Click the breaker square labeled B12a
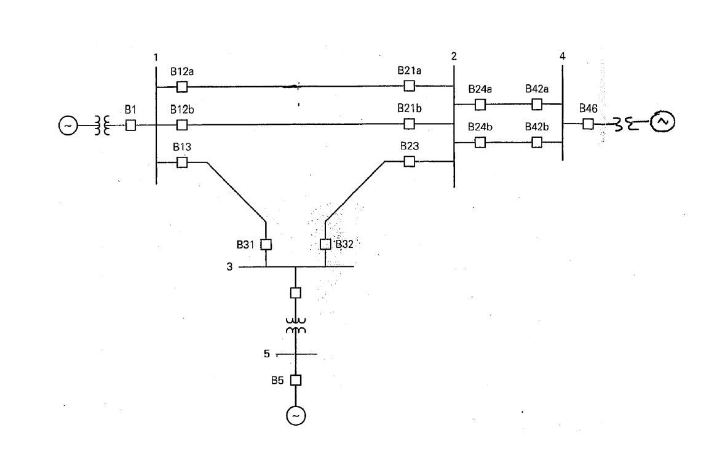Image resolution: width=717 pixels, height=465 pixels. pyautogui.click(x=181, y=87)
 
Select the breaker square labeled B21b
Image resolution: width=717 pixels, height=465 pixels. pyautogui.click(x=409, y=124)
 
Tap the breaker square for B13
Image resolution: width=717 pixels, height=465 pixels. pyautogui.click(x=181, y=162)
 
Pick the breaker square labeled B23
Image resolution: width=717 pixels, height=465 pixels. pyautogui.click(x=409, y=161)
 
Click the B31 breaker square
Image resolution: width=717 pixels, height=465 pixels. pyautogui.click(x=266, y=244)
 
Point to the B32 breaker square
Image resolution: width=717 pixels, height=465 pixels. pyautogui.click(x=325, y=244)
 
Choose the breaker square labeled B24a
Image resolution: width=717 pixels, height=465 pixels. pyautogui.click(x=480, y=105)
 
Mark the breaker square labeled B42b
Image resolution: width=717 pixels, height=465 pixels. pyautogui.click(x=537, y=142)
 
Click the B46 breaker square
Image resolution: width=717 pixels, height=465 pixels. pyautogui.click(x=588, y=124)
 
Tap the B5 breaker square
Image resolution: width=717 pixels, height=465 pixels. pyautogui.click(x=296, y=380)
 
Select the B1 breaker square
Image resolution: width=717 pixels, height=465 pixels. pyautogui.click(x=130, y=125)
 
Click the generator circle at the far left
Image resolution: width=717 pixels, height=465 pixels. pyautogui.click(x=68, y=125)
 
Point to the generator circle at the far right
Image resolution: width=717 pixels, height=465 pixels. pyautogui.click(x=663, y=122)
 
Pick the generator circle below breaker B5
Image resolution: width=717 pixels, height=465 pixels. pyautogui.click(x=296, y=416)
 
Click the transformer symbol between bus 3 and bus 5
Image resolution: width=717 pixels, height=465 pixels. pyautogui.click(x=296, y=325)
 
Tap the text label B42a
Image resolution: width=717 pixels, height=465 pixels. pyautogui.click(x=537, y=89)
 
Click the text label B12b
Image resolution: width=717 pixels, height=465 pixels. pyautogui.click(x=183, y=111)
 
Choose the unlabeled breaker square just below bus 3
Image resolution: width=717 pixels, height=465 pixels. pyautogui.click(x=296, y=293)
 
